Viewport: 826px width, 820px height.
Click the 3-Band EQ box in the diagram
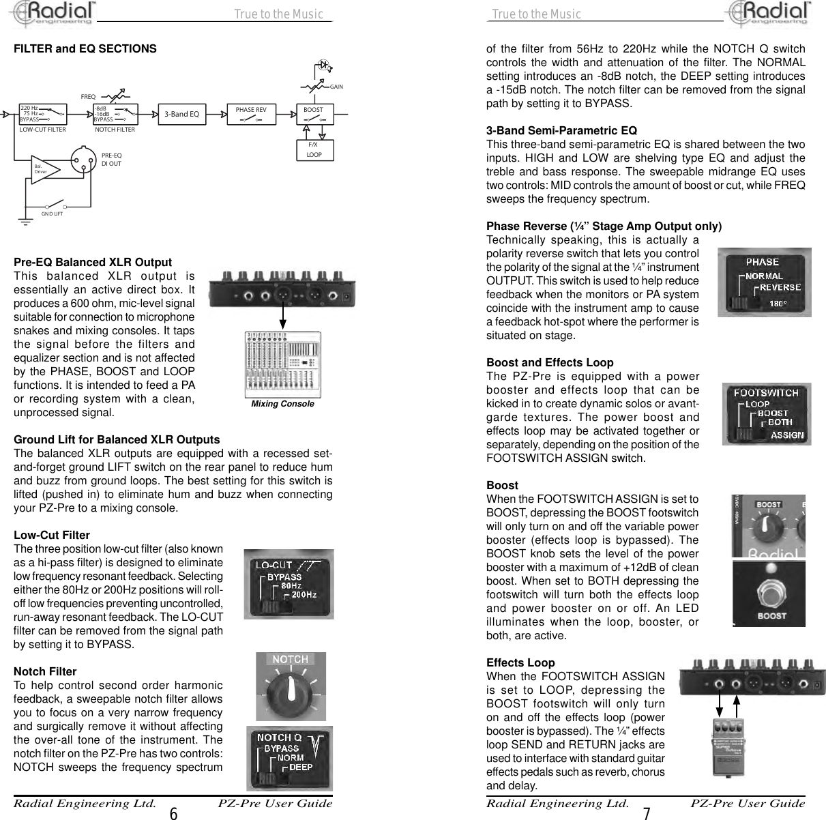[x=181, y=114]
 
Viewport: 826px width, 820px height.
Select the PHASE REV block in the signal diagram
[x=250, y=114]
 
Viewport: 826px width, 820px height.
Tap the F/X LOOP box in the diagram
[x=314, y=149]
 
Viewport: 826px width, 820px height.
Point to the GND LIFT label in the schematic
[x=52, y=214]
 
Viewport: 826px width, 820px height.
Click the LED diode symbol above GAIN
[x=325, y=66]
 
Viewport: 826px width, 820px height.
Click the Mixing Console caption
[x=282, y=404]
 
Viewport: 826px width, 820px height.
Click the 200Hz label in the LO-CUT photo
[x=304, y=596]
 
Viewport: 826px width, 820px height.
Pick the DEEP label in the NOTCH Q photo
[x=301, y=767]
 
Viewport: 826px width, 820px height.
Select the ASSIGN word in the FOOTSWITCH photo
[x=786, y=435]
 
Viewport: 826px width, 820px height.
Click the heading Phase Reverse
[x=604, y=226]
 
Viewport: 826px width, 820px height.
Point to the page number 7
[x=646, y=813]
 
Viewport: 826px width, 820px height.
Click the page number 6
[x=173, y=813]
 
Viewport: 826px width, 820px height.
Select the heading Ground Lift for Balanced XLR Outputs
[x=117, y=439]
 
